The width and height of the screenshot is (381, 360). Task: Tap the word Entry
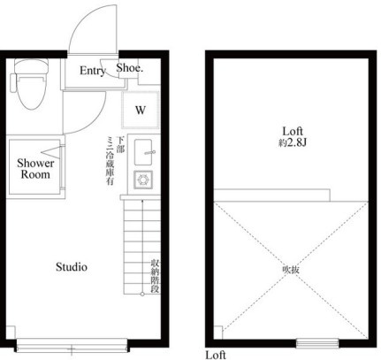pos(92,71)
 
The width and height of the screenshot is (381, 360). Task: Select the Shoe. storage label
pos(130,68)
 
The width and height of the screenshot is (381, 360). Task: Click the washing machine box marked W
pos(141,110)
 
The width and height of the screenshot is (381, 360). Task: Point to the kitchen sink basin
pos(143,152)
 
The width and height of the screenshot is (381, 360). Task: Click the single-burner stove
pos(143,180)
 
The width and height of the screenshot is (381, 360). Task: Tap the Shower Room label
pos(35,169)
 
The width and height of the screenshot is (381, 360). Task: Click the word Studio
pos(72,267)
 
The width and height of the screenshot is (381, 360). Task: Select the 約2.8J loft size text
pos(293,143)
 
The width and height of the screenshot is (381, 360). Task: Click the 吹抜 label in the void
pos(291,270)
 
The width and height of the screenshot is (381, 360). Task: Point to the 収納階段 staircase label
pos(155,276)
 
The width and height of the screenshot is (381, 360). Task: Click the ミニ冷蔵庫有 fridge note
pos(110,161)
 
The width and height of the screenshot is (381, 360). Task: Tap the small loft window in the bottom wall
pos(317,343)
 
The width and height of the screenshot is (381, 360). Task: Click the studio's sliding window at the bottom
pos(72,345)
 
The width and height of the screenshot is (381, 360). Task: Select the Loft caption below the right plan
pos(216,355)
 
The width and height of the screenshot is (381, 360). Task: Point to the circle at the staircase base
pos(142,294)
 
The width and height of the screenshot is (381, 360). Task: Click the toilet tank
pos(31,66)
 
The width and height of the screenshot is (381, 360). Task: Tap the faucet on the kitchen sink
pos(149,153)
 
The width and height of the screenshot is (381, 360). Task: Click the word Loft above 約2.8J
pos(293,131)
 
